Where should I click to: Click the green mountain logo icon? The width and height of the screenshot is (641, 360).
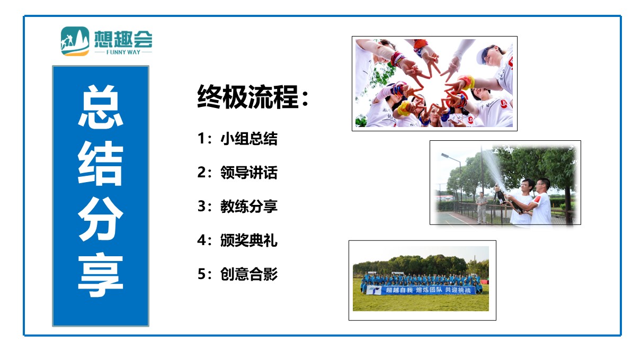click(75, 41)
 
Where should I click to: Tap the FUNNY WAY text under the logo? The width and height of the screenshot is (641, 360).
click(123, 52)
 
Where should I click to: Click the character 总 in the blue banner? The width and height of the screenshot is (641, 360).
click(101, 106)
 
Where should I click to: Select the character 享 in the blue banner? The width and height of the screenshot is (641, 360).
click(101, 275)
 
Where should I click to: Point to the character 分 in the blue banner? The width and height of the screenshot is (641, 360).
click(101, 219)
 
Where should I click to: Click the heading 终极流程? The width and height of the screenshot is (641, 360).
click(248, 97)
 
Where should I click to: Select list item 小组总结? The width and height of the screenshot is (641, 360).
click(248, 139)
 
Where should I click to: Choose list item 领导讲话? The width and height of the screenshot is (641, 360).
click(248, 173)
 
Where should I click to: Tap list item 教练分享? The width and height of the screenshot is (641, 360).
click(248, 206)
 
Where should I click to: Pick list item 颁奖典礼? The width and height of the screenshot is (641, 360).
click(248, 240)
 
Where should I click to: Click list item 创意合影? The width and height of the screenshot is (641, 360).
click(248, 274)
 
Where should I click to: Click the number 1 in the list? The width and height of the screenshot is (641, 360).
click(201, 139)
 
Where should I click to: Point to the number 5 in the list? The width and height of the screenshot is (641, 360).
click(201, 274)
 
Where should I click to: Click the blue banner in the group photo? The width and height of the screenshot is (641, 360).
click(421, 290)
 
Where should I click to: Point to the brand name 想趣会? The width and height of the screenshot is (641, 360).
click(123, 39)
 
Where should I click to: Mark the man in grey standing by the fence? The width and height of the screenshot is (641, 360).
click(482, 208)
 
